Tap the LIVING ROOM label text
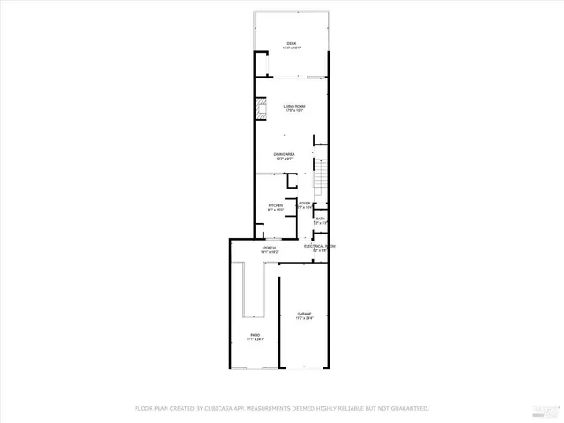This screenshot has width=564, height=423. pyautogui.click(x=293, y=107)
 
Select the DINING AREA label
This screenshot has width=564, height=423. pyautogui.click(x=284, y=154)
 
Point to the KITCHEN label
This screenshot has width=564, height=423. pyautogui.click(x=276, y=206)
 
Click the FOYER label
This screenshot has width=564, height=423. pyautogui.click(x=304, y=204)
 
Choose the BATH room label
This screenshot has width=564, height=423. pyautogui.click(x=320, y=219)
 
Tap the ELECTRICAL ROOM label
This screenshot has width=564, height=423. pyautogui.click(x=320, y=247)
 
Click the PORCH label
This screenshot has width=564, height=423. pyautogui.click(x=270, y=249)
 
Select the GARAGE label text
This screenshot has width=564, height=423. pyautogui.click(x=304, y=315)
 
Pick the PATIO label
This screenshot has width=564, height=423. pyautogui.click(x=255, y=335)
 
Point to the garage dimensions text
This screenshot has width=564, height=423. pyautogui.click(x=304, y=319)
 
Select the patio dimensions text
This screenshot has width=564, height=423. pyautogui.click(x=255, y=339)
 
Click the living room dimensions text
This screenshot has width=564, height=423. pyautogui.click(x=293, y=112)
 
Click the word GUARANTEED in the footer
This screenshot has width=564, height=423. pyautogui.click(x=406, y=408)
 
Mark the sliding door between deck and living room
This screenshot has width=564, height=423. pyautogui.click(x=292, y=78)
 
